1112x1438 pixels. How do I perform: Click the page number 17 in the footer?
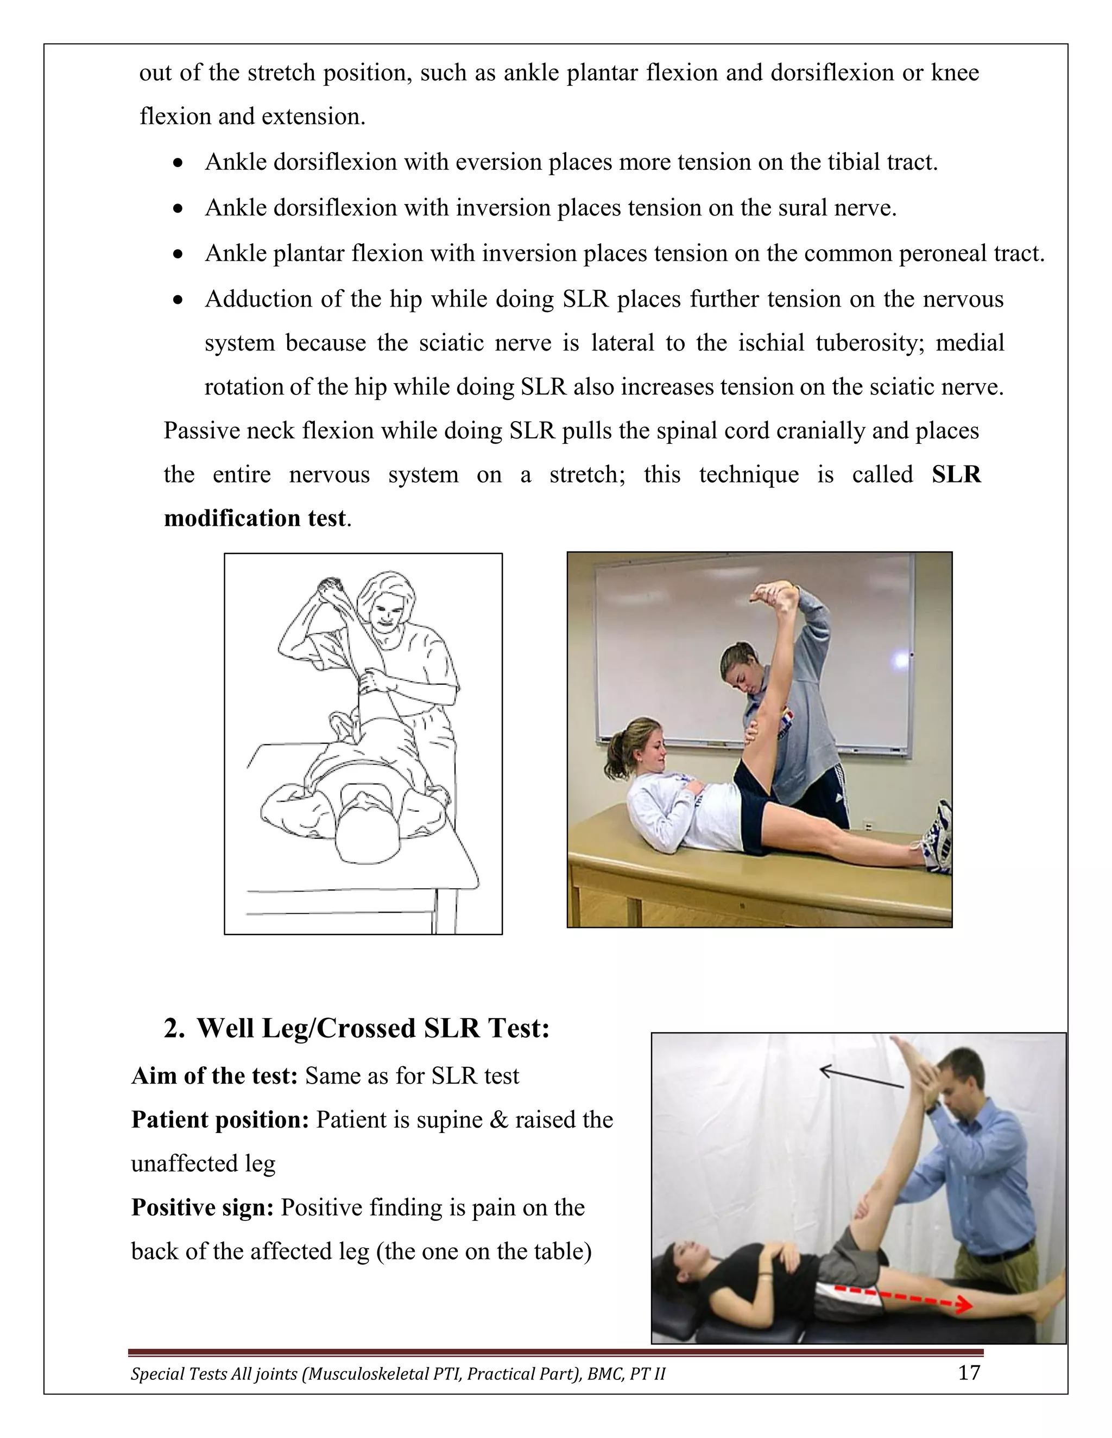click(x=969, y=1373)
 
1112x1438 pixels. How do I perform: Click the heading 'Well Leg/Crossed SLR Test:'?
click(x=373, y=1028)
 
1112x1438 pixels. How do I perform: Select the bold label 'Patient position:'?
click(x=220, y=1120)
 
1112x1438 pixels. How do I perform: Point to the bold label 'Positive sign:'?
click(x=202, y=1207)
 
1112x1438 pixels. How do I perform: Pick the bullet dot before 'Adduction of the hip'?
click(x=178, y=300)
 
